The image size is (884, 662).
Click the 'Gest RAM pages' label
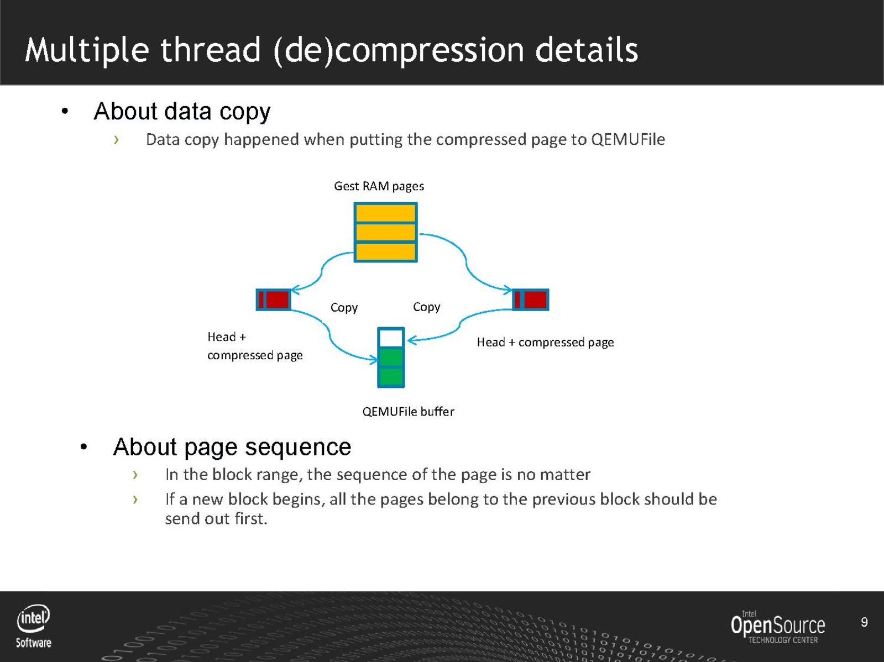coord(379,186)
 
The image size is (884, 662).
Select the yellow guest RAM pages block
coord(385,232)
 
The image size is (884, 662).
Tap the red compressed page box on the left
coord(274,300)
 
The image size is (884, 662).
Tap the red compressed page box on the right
coord(531,300)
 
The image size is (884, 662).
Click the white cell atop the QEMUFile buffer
coord(391,338)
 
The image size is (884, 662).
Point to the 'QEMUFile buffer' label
coord(408,412)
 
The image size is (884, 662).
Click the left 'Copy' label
coord(344,307)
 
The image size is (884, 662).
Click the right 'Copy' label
coord(426,307)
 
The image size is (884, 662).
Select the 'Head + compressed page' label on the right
coord(545,343)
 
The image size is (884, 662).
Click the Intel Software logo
coord(34,626)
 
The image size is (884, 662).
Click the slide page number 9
coord(864,623)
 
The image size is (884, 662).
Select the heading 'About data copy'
coord(182,112)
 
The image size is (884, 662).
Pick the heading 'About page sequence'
coord(232,446)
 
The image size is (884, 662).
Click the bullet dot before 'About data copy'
coord(65,112)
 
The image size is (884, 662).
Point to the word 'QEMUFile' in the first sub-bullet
coord(627,139)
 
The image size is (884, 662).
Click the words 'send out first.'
coord(216,519)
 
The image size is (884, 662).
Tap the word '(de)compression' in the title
coord(398,50)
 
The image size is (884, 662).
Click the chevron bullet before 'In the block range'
coord(135,475)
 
